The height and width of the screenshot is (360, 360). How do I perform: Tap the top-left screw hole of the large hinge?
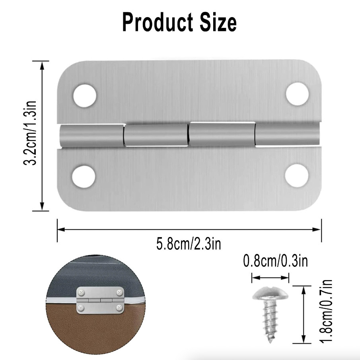85,95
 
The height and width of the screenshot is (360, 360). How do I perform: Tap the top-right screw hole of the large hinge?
298,94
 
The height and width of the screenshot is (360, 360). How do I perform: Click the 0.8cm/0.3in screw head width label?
275,261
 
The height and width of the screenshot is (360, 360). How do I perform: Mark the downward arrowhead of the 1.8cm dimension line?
304,341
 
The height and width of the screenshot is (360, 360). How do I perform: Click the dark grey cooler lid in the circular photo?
80,274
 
